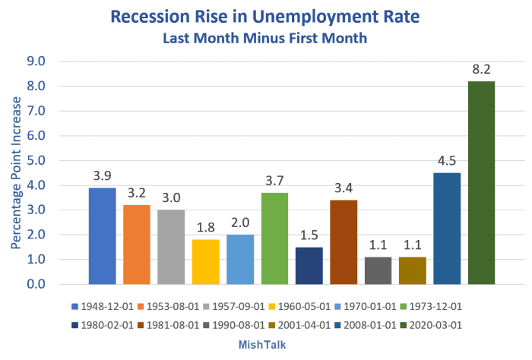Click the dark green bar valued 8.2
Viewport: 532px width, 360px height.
tap(481, 182)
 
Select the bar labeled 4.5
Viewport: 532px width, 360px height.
tap(447, 228)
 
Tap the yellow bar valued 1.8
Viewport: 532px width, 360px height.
tap(205, 261)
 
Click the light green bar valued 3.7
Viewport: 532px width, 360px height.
tap(274, 238)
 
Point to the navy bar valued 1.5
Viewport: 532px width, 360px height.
tap(309, 265)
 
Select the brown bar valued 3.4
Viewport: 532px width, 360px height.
tap(344, 242)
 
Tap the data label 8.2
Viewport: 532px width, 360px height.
tap(481, 68)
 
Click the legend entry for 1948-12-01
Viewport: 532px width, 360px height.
tap(104, 307)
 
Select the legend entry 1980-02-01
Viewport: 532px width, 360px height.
tap(104, 326)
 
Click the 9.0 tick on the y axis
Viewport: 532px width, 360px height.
tap(36, 62)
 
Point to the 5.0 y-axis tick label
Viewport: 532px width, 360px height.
tap(36, 160)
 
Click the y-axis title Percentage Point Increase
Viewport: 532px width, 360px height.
tap(16, 173)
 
